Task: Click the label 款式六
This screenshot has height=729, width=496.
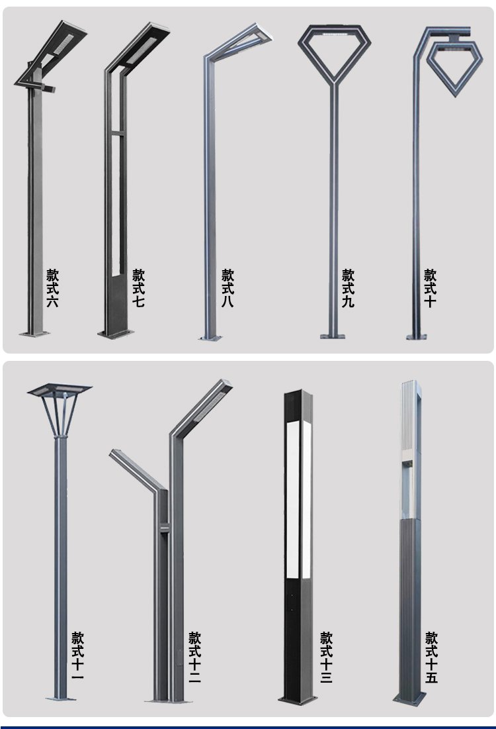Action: point(52,288)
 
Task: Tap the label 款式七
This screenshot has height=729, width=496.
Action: point(138,288)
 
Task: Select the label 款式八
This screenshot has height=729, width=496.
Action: point(227,288)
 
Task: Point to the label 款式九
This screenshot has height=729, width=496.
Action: point(348,288)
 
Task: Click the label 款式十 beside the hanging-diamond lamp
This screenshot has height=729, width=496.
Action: point(430,288)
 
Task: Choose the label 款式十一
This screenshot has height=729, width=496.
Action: point(78,656)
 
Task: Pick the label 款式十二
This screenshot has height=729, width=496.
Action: point(194,656)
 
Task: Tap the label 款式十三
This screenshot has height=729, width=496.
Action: point(326,656)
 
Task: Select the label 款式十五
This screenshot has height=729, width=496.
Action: point(431,656)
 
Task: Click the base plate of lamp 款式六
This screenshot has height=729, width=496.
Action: point(34,333)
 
